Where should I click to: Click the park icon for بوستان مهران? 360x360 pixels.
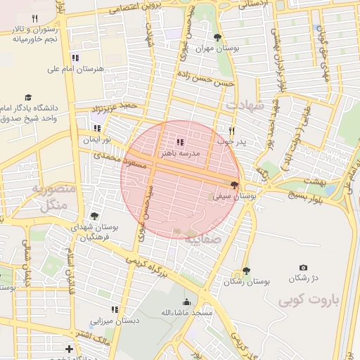pyautogui.click(x=217, y=37)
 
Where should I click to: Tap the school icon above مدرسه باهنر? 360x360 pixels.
pyautogui.click(x=179, y=143)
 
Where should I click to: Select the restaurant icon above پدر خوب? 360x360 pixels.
pyautogui.click(x=231, y=131)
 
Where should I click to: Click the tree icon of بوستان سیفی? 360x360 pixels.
pyautogui.click(x=234, y=186)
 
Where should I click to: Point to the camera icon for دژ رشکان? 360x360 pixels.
pyautogui.click(x=303, y=268)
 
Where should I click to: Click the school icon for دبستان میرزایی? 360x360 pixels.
pyautogui.click(x=114, y=309)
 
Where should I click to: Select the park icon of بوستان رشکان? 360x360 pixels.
pyautogui.click(x=245, y=271)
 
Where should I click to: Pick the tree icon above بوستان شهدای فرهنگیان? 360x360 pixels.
pyautogui.click(x=94, y=217)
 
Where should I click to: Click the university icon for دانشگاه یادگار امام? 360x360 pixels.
pyautogui.click(x=28, y=98)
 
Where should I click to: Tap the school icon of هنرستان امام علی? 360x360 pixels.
pyautogui.click(x=75, y=58)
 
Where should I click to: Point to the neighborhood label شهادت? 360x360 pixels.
pyautogui.click(x=245, y=105)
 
